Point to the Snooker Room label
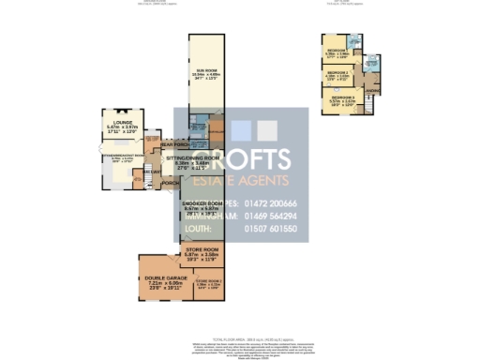tap(202, 204)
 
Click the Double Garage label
tap(157, 279)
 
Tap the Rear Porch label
tap(175, 144)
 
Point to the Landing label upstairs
tap(371, 78)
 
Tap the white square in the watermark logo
tap(267, 130)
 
